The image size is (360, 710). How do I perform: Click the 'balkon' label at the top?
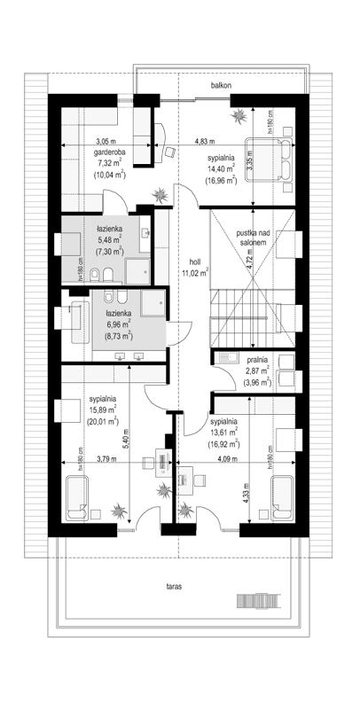221,86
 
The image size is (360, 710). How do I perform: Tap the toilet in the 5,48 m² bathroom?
106,272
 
